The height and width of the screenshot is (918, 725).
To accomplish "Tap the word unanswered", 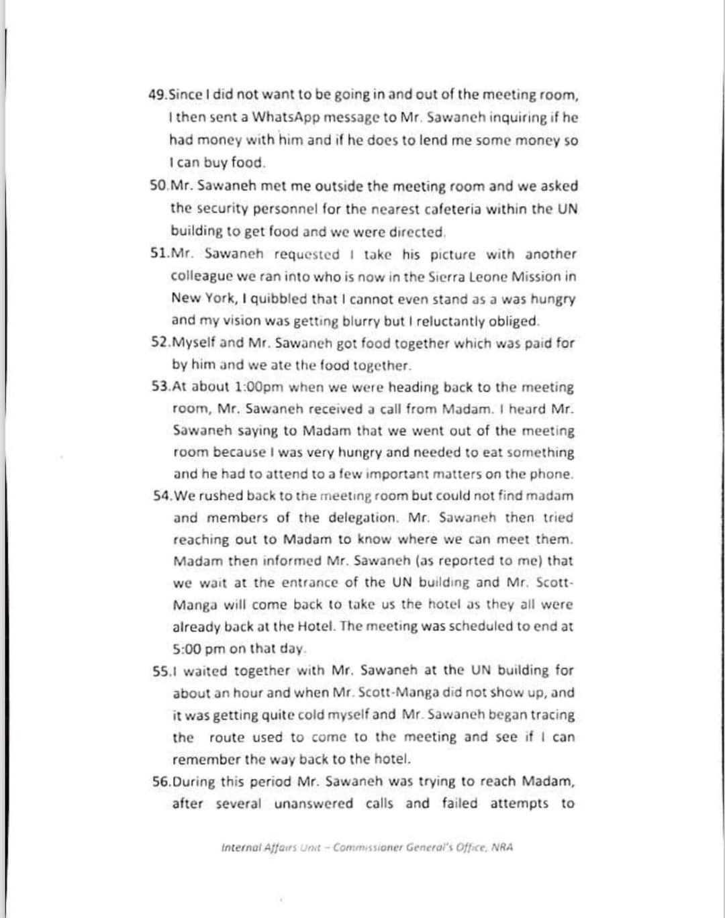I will pos(313,803).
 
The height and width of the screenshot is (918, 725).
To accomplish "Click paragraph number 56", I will pos(161,782).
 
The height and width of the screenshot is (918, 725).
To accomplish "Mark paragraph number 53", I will pos(161,387).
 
